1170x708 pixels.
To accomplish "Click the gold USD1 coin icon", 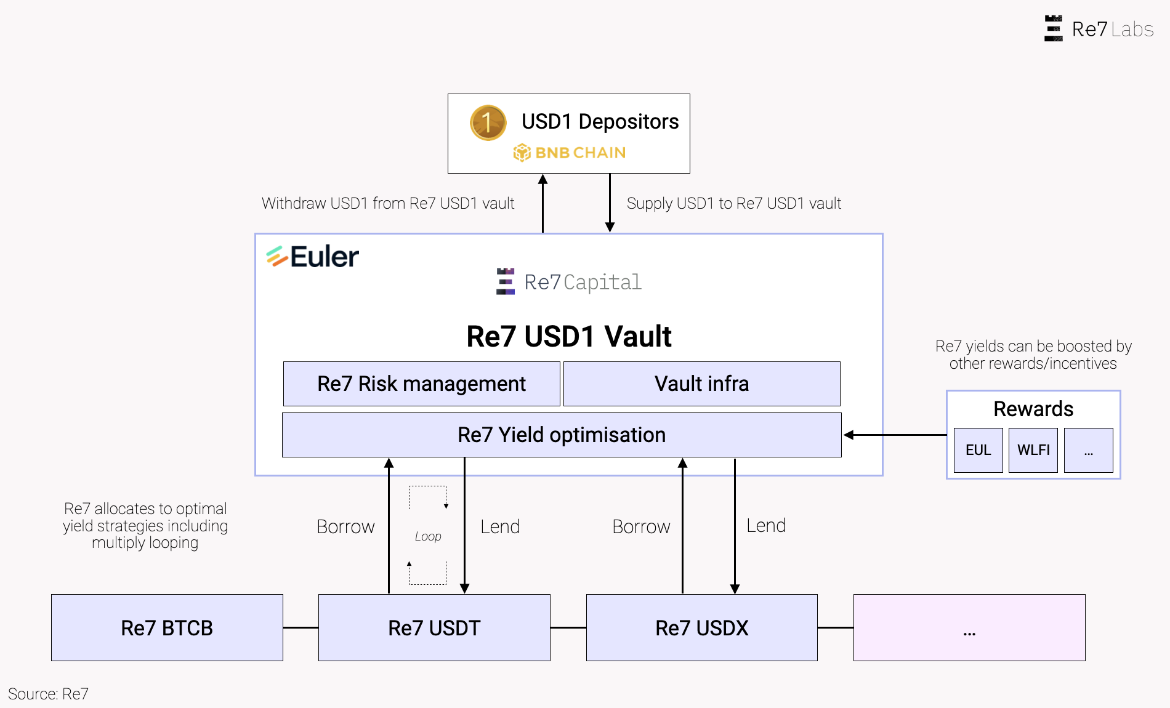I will (x=488, y=123).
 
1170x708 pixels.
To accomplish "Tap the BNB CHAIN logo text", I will (x=570, y=153).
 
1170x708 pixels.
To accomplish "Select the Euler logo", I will (x=313, y=257).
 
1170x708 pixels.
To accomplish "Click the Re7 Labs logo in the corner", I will (x=1099, y=29).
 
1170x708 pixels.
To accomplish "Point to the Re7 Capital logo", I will (x=569, y=282).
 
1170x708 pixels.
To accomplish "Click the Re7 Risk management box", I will (x=421, y=384).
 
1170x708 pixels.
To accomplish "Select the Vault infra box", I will (x=701, y=384).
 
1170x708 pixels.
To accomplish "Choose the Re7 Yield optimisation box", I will (x=561, y=435).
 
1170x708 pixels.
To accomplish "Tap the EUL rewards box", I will (x=978, y=450).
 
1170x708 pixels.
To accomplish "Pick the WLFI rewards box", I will (x=1033, y=450).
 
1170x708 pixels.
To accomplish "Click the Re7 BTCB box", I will (x=167, y=627).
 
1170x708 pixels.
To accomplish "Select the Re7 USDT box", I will (x=434, y=627).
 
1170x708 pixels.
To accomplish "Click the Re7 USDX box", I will (x=701, y=627).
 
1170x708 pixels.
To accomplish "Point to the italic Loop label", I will (x=428, y=536).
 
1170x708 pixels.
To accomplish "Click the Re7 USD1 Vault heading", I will (x=568, y=336).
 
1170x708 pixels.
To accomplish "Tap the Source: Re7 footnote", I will (x=48, y=694).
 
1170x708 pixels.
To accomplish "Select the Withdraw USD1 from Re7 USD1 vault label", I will (x=388, y=203).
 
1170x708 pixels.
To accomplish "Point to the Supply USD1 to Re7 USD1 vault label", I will (x=733, y=203).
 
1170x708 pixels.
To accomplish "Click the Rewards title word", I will (x=1033, y=409).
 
